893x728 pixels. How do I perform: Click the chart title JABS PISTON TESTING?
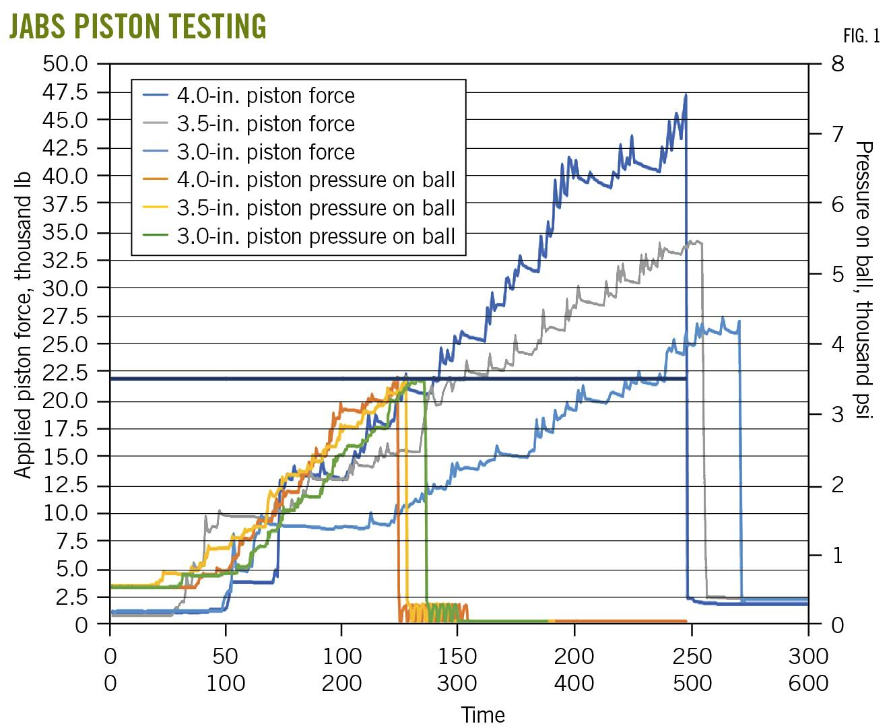(x=137, y=26)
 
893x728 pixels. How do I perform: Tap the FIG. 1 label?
(x=861, y=36)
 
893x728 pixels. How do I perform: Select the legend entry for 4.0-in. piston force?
(x=265, y=96)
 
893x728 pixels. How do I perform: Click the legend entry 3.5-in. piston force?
(x=265, y=124)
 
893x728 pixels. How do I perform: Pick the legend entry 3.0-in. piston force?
(x=265, y=152)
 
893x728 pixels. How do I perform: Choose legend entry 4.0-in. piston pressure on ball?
(x=316, y=180)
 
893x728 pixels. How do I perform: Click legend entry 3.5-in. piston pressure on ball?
(x=316, y=209)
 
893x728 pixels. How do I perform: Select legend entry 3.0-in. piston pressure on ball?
(x=316, y=237)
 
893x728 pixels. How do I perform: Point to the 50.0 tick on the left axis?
(x=65, y=64)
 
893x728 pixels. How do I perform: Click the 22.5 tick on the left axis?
(x=65, y=372)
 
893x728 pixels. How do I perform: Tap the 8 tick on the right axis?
(x=838, y=64)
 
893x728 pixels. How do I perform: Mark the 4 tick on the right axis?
(x=838, y=344)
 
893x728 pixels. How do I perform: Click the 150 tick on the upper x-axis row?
(x=457, y=655)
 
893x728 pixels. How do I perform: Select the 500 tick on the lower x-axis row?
(x=692, y=683)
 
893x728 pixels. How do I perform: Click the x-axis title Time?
(x=483, y=714)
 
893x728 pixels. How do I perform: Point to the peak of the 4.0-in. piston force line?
(x=686, y=94)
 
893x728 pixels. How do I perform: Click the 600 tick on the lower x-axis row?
(x=808, y=683)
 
